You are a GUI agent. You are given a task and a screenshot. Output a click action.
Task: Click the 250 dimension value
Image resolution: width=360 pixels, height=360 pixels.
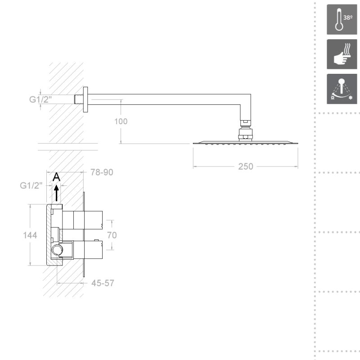[x=245, y=166]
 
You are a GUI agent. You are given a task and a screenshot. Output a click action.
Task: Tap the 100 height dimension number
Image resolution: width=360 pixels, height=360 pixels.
[x=121, y=121]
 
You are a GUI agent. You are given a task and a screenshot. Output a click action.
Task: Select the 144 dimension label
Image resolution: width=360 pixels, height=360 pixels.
[x=30, y=235]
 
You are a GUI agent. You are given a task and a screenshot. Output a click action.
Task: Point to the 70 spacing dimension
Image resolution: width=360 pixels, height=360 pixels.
[x=112, y=235]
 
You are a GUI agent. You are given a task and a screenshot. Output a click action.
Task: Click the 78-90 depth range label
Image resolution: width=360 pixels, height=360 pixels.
[x=102, y=172]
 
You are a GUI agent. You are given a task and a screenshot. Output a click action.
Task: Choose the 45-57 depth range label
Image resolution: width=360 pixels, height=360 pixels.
[x=103, y=283]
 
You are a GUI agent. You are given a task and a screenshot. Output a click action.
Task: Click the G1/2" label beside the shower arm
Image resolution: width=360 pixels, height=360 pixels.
[x=40, y=99]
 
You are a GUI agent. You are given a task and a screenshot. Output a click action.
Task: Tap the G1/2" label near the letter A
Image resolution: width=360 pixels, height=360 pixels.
[x=31, y=185]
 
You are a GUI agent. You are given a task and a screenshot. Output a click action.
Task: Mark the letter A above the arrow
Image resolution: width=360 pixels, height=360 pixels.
[x=56, y=177]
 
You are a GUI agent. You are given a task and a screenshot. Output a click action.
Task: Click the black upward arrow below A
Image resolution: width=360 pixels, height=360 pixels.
[x=57, y=193]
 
